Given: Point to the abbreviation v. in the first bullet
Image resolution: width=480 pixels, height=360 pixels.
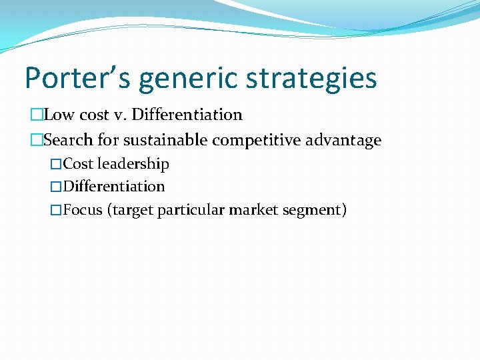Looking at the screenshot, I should coord(119,115).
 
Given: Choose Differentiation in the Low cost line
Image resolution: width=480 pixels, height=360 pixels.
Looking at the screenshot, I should coord(187,115).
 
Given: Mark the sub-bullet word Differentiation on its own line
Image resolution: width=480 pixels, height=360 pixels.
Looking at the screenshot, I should coord(114,187).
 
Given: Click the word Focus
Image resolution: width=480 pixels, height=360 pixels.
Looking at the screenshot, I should coord(83,210).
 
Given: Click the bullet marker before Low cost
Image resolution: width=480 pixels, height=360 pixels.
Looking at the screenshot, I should coord(37,115).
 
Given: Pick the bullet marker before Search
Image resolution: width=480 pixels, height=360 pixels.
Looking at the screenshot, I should coord(37,141).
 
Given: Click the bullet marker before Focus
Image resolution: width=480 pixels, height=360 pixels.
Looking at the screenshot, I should coord(57,211).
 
